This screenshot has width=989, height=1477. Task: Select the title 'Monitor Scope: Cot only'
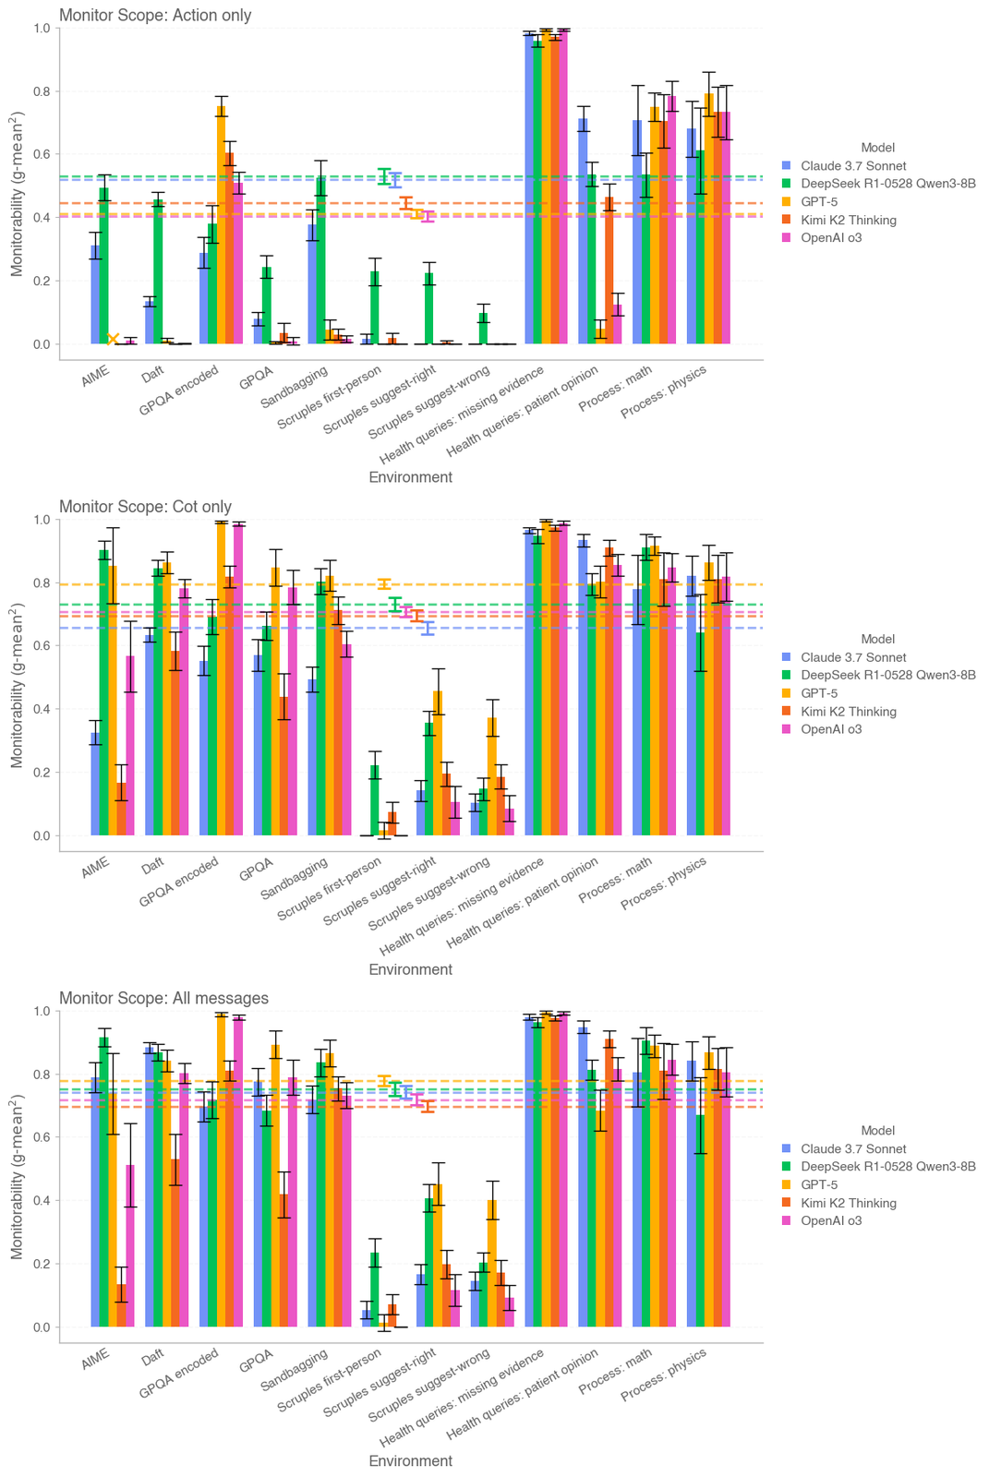145,506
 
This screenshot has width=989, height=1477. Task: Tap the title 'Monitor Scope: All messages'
163,998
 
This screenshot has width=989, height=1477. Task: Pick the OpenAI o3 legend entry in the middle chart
831,729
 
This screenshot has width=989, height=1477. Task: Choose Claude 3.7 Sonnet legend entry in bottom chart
853,1149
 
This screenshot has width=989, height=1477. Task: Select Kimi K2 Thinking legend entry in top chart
849,220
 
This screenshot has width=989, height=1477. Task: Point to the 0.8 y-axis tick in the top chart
42,91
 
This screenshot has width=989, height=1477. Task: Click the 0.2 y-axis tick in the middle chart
42,773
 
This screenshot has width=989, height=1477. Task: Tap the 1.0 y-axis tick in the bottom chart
42,1012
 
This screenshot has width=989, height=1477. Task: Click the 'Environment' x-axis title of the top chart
410,477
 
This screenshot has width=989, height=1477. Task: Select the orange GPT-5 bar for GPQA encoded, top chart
222,225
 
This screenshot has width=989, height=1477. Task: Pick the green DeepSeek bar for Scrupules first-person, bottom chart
375,1290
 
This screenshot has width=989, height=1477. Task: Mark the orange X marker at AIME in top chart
113,340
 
